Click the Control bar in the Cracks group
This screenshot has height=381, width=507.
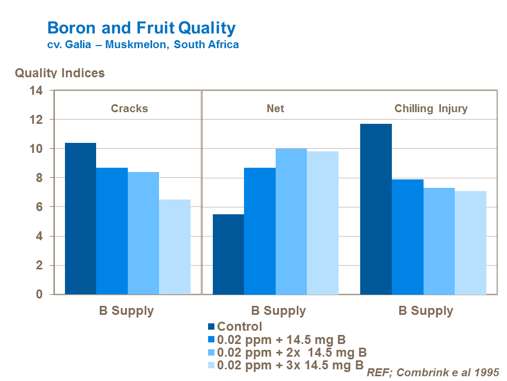(80, 219)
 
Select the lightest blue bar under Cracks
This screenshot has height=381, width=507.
(175, 247)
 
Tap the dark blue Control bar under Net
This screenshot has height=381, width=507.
(228, 254)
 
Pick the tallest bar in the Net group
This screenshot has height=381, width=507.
(291, 221)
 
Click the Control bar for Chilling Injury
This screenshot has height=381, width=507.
(376, 209)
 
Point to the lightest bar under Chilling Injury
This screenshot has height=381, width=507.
(471, 242)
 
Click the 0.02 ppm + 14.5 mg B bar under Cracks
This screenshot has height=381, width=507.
(112, 231)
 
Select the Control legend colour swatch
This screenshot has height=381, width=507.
(211, 327)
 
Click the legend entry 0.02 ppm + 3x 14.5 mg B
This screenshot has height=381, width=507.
(290, 365)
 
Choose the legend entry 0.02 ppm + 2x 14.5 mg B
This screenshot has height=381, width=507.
(292, 352)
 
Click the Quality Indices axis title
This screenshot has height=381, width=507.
(60, 73)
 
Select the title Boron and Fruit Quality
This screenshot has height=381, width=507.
(142, 28)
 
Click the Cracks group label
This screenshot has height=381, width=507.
(129, 108)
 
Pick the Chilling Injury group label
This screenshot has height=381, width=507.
(431, 109)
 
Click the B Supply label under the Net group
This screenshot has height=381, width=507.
(278, 311)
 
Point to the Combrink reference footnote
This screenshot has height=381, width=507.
(433, 371)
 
